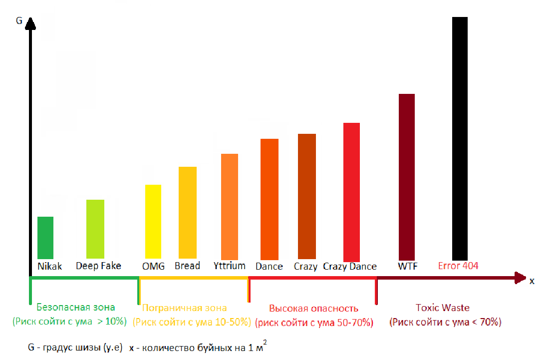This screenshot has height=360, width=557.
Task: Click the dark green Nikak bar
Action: pos(45,238)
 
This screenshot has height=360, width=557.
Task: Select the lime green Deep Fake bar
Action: pos(95,229)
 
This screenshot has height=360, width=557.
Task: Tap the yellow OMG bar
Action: pos(153,222)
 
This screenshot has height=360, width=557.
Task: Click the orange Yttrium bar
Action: pos(230,206)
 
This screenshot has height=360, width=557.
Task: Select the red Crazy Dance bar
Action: pos(351,191)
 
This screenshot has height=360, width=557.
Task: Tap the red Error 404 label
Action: pos(458,266)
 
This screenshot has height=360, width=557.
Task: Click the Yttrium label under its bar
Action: pos(230,266)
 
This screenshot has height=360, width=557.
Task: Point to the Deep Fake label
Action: pos(98,266)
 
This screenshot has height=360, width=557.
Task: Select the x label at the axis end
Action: pos(532,281)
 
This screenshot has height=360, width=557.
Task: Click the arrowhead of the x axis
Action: pos(521,278)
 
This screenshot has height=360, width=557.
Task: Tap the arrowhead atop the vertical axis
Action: pos(31,22)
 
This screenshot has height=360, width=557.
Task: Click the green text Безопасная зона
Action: pos(76,307)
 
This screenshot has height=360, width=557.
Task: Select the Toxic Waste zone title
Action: pos(443,308)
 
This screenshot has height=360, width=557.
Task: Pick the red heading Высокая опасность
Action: pos(313,308)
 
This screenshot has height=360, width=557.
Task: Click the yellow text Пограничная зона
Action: pos(185,308)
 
